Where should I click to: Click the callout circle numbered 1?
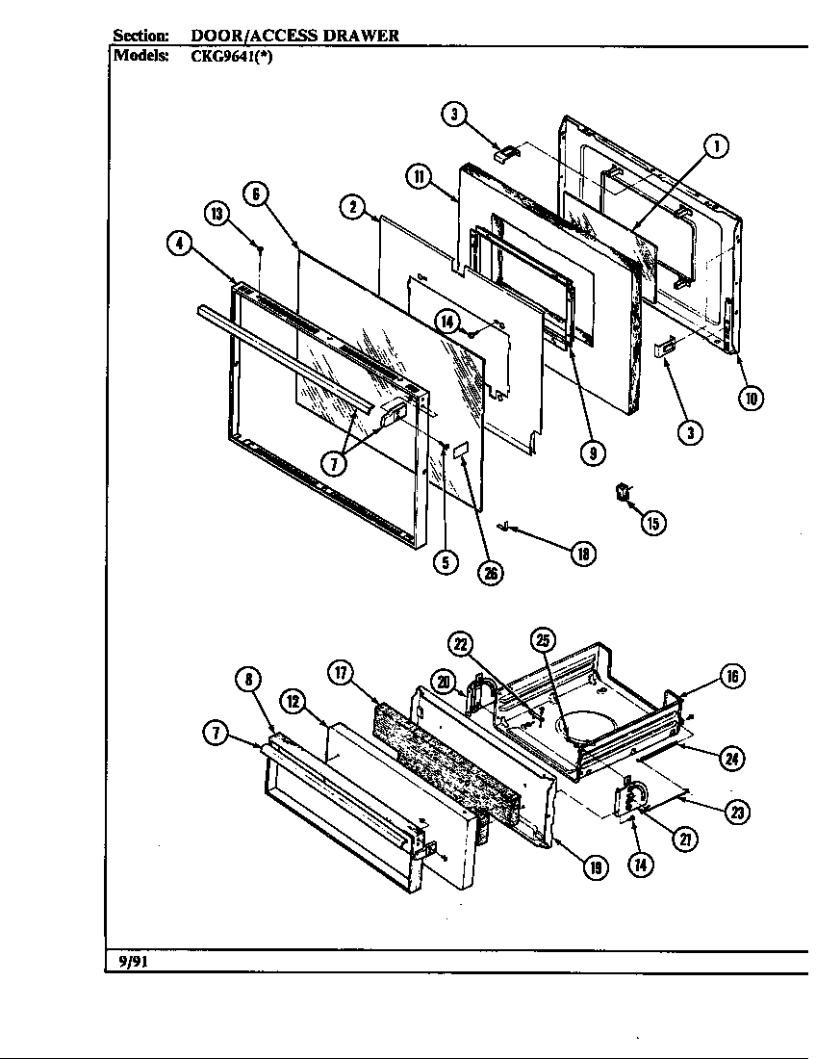point(715,146)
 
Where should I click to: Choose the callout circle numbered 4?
point(178,245)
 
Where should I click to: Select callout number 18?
point(583,554)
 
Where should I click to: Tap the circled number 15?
point(652,523)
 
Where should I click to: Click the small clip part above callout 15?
point(624,492)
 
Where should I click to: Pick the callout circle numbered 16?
point(731,677)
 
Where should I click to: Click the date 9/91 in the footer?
point(127,962)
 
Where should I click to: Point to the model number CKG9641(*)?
point(233,55)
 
